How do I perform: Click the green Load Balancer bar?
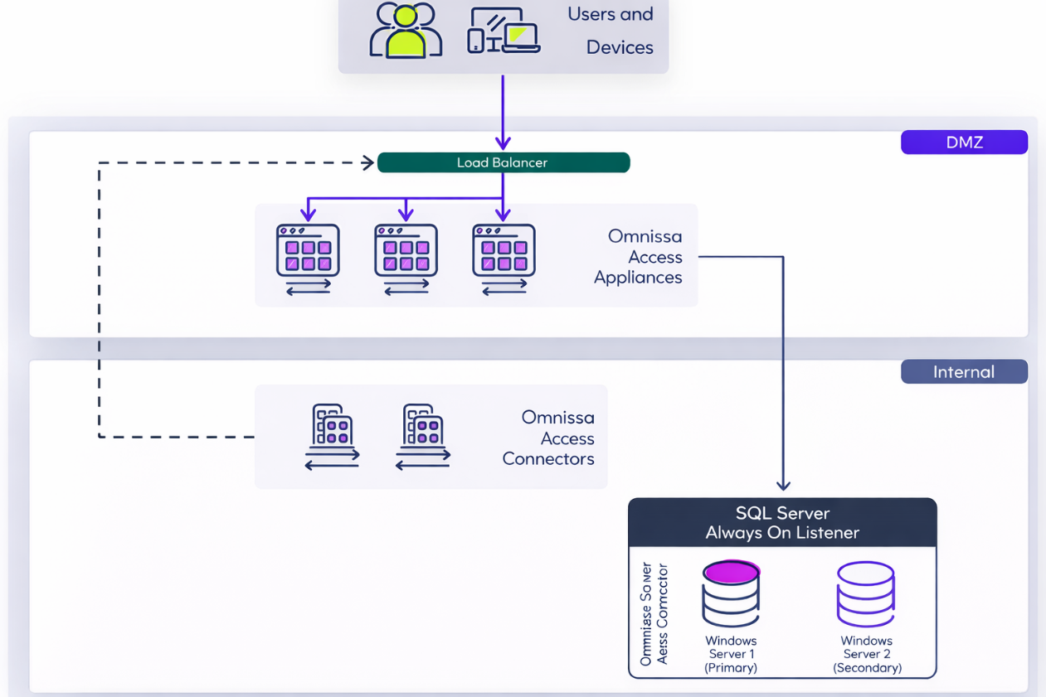[504, 162]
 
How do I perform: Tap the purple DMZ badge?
[964, 143]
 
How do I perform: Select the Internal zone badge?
[964, 372]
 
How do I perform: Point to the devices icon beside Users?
[504, 31]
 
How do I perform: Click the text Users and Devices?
[611, 31]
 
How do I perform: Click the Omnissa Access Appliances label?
[640, 257]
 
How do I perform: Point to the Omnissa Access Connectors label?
[549, 438]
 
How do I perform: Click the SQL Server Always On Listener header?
[782, 523]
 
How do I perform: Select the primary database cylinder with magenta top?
[731, 593]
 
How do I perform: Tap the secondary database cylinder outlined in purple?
[866, 593]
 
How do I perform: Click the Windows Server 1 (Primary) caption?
[731, 654]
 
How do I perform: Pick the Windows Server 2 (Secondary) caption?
[867, 654]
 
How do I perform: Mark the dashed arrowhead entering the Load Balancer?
[368, 162]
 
